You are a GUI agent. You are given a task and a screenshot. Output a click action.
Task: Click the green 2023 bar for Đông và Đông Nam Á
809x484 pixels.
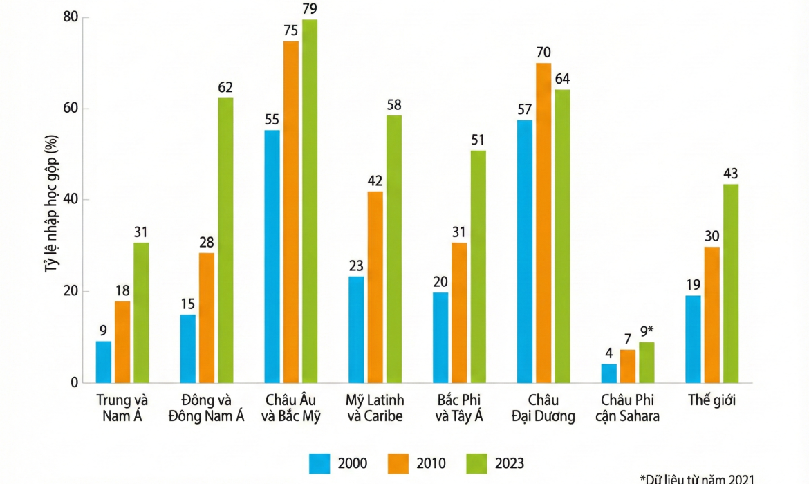click(225, 240)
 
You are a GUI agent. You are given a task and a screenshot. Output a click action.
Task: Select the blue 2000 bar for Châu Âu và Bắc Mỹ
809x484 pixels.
click(272, 256)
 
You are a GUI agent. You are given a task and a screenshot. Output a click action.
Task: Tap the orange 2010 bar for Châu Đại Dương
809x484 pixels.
click(543, 223)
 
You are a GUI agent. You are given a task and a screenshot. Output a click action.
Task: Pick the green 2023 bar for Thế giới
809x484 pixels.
click(730, 283)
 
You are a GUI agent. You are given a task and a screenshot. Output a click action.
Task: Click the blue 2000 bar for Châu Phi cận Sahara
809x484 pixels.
click(609, 373)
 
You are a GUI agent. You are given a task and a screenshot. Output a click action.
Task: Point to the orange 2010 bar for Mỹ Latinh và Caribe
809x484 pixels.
click(375, 287)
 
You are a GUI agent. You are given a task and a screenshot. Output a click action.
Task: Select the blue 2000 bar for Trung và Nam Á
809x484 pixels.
click(104, 362)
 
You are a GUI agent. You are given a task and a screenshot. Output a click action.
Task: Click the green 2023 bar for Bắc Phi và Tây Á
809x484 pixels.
click(478, 266)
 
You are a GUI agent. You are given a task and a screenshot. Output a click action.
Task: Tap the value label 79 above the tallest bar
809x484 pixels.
click(310, 8)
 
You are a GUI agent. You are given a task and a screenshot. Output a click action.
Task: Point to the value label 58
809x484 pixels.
click(393, 104)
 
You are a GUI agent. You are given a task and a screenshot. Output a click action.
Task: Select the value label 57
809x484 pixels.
click(525, 109)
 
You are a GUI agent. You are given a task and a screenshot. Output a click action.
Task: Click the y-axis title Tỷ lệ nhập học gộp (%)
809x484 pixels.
click(50, 201)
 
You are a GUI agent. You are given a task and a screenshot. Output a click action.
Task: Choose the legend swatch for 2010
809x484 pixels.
click(398, 463)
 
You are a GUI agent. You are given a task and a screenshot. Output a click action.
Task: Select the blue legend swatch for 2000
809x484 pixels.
click(320, 463)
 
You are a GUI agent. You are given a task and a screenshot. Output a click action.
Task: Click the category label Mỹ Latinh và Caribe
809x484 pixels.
click(375, 408)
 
